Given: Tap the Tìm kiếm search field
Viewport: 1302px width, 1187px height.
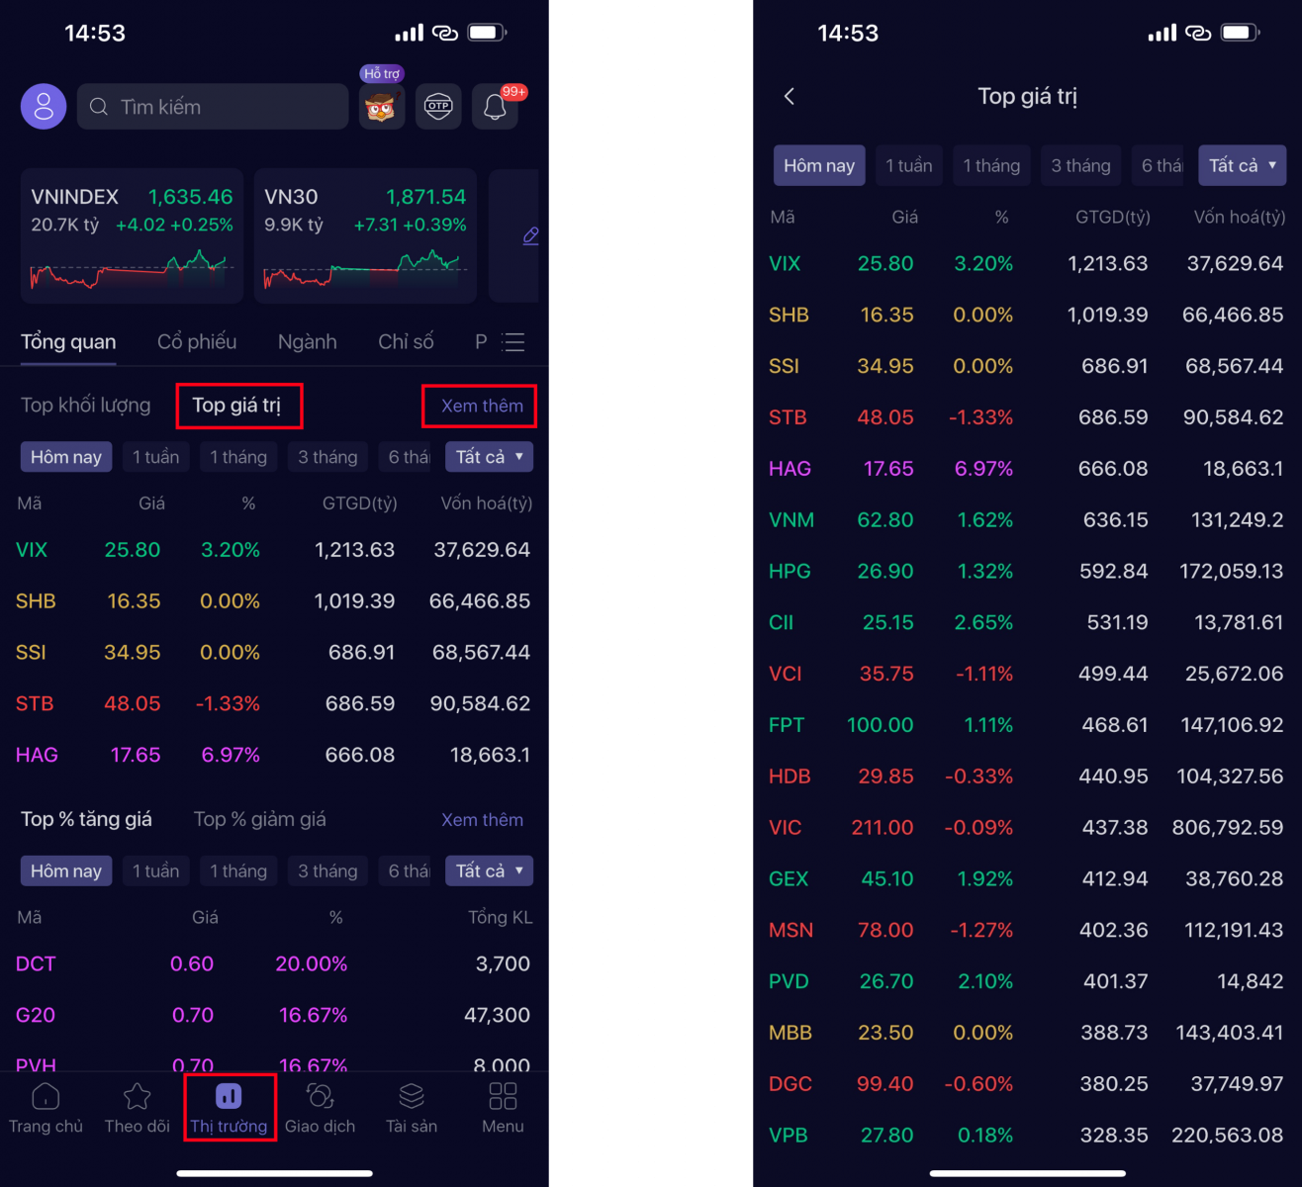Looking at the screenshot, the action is click(213, 107).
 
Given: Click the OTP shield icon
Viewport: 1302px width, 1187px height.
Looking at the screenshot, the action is click(438, 107).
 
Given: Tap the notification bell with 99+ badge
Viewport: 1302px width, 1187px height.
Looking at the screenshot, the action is click(495, 107).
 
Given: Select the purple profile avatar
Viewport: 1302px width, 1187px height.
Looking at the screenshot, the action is click(44, 107).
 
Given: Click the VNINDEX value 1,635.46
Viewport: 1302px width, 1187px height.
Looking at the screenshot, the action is click(190, 197).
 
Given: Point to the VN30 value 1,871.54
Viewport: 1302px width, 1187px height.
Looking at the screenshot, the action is click(425, 197).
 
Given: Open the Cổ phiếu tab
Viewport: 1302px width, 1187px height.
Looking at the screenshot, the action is click(197, 342).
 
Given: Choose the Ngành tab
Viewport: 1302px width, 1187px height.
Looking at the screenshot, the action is click(307, 342).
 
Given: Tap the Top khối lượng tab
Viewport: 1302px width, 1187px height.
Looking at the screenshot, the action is click(86, 405).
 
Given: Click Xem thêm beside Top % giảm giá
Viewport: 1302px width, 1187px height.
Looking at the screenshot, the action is click(482, 820).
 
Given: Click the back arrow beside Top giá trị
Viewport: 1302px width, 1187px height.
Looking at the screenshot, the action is click(790, 97).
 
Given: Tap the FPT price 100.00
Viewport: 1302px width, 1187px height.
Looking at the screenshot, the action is click(881, 725).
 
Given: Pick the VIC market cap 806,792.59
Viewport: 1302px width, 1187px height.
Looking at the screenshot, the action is click(1228, 828).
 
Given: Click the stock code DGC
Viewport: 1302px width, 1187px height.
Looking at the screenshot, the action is click(790, 1084).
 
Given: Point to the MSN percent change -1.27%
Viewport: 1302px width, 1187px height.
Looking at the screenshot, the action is click(980, 930).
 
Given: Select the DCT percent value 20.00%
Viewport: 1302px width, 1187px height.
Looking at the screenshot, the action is click(312, 963).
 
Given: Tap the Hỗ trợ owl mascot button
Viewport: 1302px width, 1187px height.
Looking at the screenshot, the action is click(382, 107).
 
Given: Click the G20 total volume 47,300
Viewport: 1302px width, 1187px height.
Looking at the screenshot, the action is click(498, 1015).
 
